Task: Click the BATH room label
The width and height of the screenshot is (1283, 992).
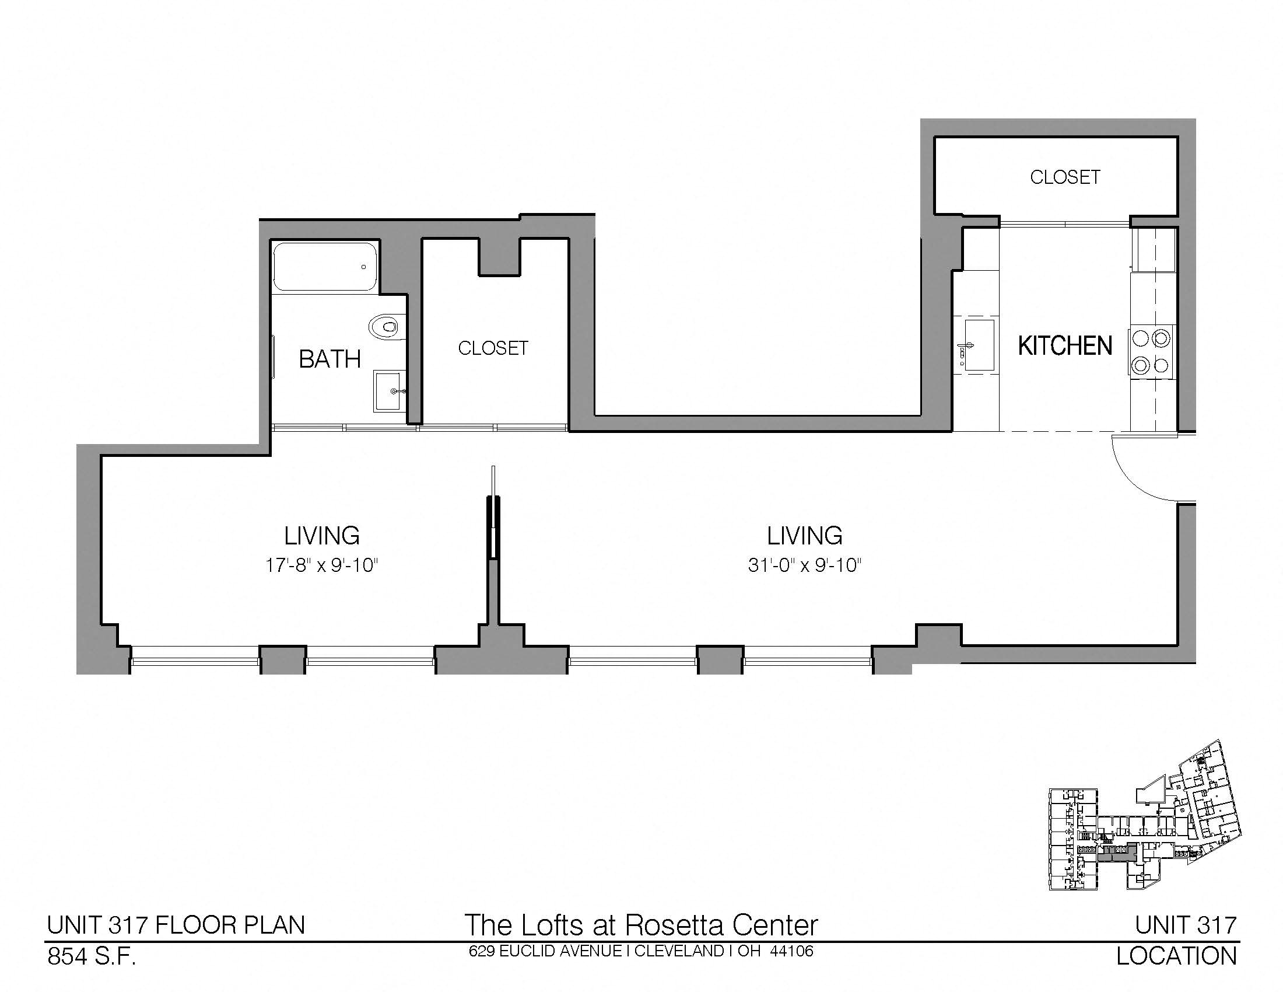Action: tap(329, 359)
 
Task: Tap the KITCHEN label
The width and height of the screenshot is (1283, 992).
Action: tap(1065, 345)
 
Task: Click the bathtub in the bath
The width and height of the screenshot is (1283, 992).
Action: tap(325, 267)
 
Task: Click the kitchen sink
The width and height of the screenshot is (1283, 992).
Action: tap(979, 345)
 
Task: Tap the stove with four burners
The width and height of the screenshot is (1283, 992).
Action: tap(1151, 352)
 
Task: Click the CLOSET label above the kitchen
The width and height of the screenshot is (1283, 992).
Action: tap(1065, 177)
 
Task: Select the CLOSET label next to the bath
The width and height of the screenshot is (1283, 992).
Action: tap(493, 348)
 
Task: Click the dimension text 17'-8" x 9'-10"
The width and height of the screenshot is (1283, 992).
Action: tap(321, 565)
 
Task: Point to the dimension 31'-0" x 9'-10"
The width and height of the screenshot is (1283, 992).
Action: tap(805, 565)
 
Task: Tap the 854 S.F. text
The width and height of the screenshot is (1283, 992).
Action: tap(92, 957)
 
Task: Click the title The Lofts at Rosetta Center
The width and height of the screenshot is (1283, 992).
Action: tap(641, 925)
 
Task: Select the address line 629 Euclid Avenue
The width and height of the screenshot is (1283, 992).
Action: tap(641, 951)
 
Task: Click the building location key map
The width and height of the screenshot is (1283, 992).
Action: tap(1145, 824)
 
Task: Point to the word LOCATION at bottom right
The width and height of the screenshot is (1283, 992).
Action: tap(1177, 957)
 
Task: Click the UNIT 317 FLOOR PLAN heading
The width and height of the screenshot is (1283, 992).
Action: tap(176, 925)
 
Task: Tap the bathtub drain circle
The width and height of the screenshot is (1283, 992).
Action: tap(364, 267)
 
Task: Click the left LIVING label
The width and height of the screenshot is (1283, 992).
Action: tap(322, 535)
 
